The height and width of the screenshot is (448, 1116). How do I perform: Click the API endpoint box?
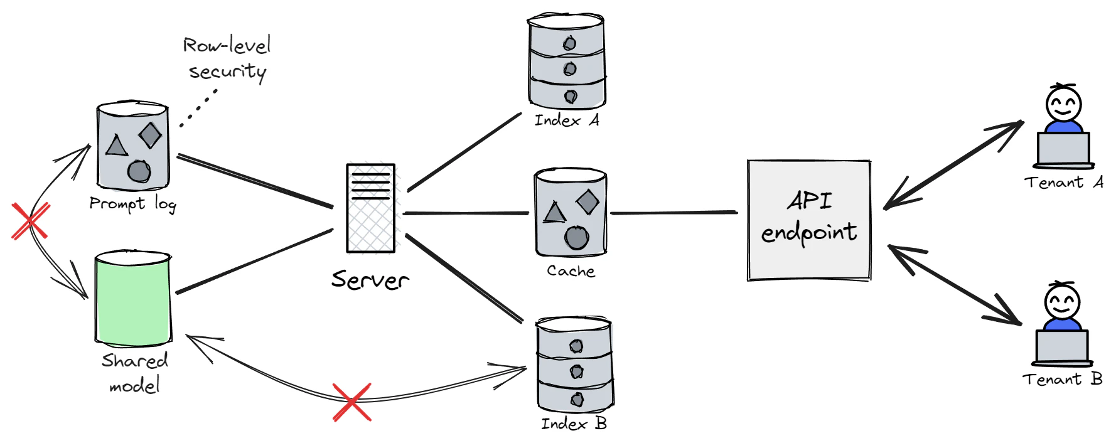pos(808,220)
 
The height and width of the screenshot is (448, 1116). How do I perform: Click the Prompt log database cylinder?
pos(132,146)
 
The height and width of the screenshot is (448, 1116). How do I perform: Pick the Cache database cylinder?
pos(570,211)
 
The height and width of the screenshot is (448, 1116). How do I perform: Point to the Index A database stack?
pos(567,62)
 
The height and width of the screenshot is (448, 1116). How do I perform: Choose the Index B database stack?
pos(574,365)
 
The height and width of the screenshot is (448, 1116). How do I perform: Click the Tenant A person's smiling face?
pos(1063,104)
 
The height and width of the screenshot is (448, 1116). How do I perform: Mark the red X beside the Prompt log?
pos(30,221)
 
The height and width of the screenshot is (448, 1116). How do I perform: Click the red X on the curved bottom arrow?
pos(351,402)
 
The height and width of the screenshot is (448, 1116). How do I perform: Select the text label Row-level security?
pos(227,58)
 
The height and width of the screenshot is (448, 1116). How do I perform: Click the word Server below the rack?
pos(370,280)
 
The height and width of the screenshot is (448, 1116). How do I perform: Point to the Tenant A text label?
pos(1064,183)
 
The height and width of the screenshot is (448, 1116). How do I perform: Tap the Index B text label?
pos(574,424)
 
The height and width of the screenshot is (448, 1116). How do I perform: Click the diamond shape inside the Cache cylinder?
pos(588,202)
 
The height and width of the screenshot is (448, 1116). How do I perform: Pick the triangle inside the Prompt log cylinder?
pos(116,146)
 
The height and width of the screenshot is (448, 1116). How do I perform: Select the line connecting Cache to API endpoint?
pos(673,213)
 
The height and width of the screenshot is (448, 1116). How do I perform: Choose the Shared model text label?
pos(134,373)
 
